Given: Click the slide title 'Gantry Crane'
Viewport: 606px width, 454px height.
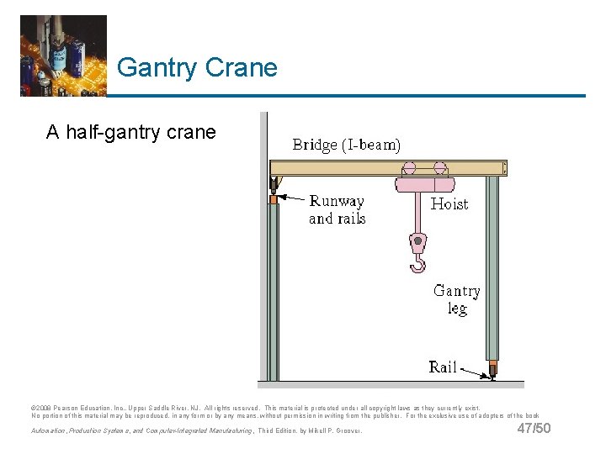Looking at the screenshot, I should pos(197,67).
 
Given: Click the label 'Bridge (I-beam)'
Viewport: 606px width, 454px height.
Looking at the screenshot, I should pos(346,145).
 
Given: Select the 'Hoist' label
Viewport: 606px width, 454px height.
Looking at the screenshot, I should pos(449,203).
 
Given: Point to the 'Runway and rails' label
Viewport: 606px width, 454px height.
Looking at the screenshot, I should pos(337,210).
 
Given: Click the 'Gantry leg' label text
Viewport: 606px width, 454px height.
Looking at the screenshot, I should pos(457,299).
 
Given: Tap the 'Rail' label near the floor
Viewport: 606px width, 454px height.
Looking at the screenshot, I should pos(443,367).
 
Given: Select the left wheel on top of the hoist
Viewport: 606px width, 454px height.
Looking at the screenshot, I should pos(409,167).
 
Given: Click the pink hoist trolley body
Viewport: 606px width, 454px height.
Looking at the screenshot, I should pos(425,185).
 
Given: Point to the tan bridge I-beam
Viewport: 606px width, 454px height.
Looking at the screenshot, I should pos(337,168).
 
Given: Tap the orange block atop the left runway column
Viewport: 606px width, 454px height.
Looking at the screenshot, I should pos(273,199).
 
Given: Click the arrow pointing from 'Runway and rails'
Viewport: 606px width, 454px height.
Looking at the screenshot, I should pos(293,199).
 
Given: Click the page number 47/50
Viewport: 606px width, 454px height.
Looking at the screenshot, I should pos(534,429).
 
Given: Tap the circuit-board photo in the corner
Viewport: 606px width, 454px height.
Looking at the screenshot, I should pos(63,55).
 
